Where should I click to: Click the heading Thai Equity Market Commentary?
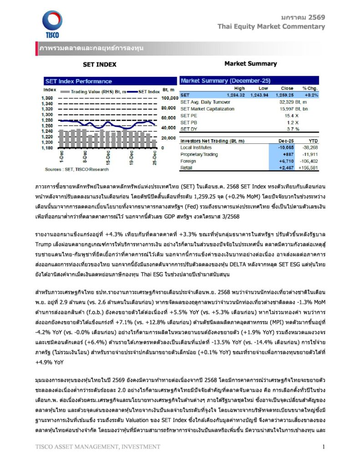(x=271, y=26)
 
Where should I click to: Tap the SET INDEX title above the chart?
(x=100, y=64)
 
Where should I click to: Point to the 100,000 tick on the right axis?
(x=169, y=98)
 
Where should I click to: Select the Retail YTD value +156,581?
(x=309, y=168)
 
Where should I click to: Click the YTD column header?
(x=313, y=141)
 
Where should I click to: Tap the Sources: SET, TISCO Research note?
(x=76, y=169)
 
